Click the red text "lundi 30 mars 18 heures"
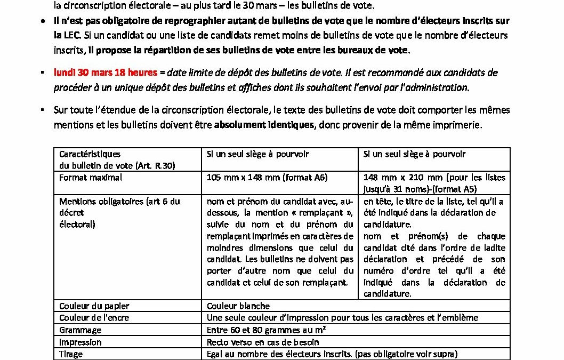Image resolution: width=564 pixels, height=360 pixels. click(105, 73)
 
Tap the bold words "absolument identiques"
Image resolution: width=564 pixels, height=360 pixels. click(264, 125)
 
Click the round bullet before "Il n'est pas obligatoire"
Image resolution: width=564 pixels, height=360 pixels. click(43, 21)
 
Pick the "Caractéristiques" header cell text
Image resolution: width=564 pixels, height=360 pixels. click(90, 154)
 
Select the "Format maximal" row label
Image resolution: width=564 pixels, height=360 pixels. click(91, 178)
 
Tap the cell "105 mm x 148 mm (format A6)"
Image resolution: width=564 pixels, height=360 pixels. click(267, 178)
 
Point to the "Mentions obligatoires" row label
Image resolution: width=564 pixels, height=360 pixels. click(119, 201)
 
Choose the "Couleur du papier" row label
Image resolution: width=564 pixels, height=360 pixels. click(94, 306)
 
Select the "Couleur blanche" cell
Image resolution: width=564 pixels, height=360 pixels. click(238, 306)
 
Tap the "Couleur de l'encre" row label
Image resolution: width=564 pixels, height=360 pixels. click(94, 318)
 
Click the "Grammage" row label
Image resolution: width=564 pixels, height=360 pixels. click(80, 330)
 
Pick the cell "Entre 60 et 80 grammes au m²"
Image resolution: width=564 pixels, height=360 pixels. click(266, 330)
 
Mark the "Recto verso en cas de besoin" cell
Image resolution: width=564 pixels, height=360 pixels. click(263, 342)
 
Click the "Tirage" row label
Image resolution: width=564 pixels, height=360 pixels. click(71, 354)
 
